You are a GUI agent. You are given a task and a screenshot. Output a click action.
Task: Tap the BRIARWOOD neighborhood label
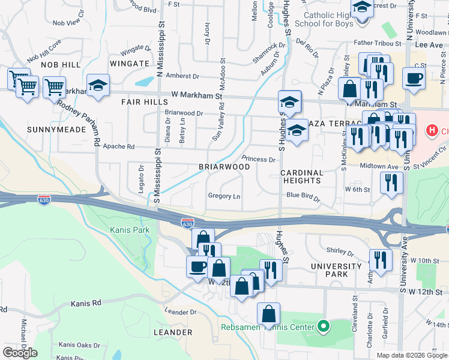(224, 166)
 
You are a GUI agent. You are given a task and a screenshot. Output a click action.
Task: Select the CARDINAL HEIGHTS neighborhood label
(301, 176)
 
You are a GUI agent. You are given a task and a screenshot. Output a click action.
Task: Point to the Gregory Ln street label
(224, 196)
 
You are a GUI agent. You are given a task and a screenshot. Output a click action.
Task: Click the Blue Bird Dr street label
(303, 195)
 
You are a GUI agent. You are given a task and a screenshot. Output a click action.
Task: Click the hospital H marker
(430, 130)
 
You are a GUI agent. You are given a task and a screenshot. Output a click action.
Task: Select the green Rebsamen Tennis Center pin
(324, 327)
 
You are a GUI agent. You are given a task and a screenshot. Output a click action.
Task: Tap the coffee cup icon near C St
(413, 78)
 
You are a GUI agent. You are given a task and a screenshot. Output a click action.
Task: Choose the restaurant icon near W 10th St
(380, 259)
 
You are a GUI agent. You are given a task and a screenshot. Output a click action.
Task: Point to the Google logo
(20, 353)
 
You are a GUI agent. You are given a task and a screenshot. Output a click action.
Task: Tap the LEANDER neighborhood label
(173, 332)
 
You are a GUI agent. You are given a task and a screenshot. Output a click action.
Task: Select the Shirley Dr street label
(337, 250)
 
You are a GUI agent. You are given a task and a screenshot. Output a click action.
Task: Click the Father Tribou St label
(377, 43)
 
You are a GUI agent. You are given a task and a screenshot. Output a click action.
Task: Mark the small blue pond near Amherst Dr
(145, 81)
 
